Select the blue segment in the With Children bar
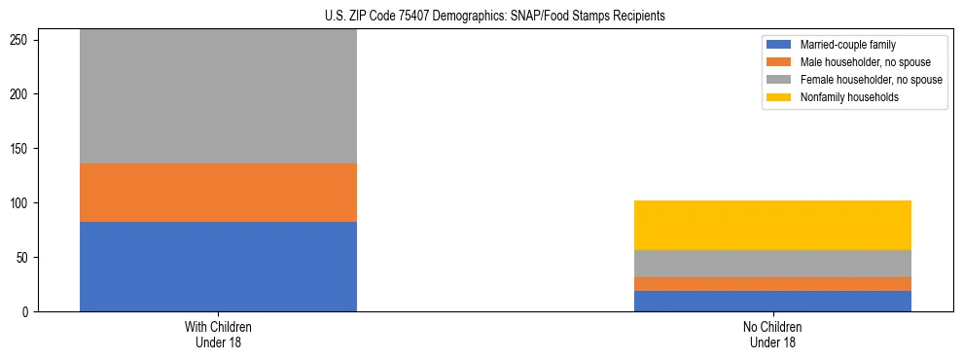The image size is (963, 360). (x=218, y=267)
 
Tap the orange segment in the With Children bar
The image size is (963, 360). (x=218, y=193)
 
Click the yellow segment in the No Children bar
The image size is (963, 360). (x=772, y=225)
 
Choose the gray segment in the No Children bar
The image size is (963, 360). (x=772, y=264)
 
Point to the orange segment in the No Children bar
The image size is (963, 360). (x=772, y=284)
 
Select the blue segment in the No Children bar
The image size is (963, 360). (x=772, y=301)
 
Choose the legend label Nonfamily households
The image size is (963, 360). (x=843, y=97)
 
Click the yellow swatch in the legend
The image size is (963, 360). (x=779, y=97)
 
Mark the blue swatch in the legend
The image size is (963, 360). (x=779, y=45)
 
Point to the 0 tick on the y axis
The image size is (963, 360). (x=30, y=312)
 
